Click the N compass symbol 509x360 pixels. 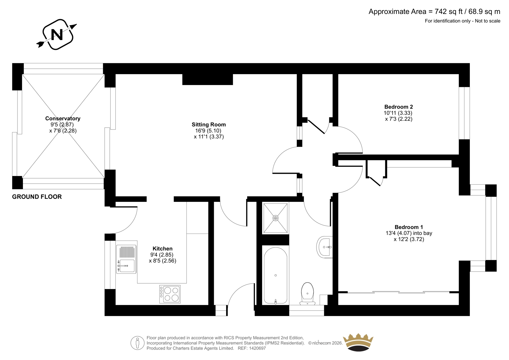(x=57, y=35)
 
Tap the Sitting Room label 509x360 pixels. (x=209, y=124)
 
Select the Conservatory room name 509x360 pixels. (x=63, y=118)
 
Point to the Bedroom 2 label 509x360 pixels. (x=399, y=107)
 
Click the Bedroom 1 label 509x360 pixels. (x=409, y=227)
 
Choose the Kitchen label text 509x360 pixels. (x=163, y=249)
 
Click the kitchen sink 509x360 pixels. (x=126, y=259)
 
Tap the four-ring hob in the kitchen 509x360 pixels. (x=170, y=294)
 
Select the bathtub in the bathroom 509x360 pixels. (x=275, y=276)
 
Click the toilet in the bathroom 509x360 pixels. (x=307, y=293)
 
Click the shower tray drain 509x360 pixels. (x=275, y=218)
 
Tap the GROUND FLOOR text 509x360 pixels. (x=37, y=197)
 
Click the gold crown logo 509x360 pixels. (x=358, y=342)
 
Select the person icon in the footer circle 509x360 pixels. (x=137, y=343)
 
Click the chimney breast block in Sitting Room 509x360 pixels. (x=208, y=79)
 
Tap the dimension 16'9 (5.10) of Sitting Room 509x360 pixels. (x=208, y=131)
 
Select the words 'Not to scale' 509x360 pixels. (x=488, y=21)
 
